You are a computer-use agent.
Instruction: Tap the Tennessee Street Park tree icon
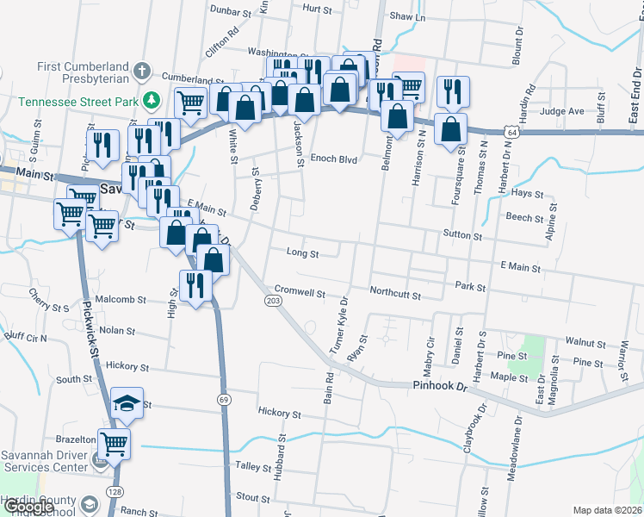(152, 100)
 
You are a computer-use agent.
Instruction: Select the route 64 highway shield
(512, 134)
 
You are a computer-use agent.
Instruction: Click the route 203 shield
(273, 300)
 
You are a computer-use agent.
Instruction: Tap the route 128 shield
(113, 489)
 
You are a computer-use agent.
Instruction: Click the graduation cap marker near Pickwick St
(127, 403)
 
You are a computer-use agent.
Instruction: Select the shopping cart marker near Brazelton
(115, 444)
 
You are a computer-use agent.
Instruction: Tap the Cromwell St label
(300, 291)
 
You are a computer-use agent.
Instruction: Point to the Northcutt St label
(395, 296)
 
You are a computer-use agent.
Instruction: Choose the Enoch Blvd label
(335, 159)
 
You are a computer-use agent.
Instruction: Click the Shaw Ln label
(408, 16)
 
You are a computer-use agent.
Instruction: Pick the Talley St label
(253, 466)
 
